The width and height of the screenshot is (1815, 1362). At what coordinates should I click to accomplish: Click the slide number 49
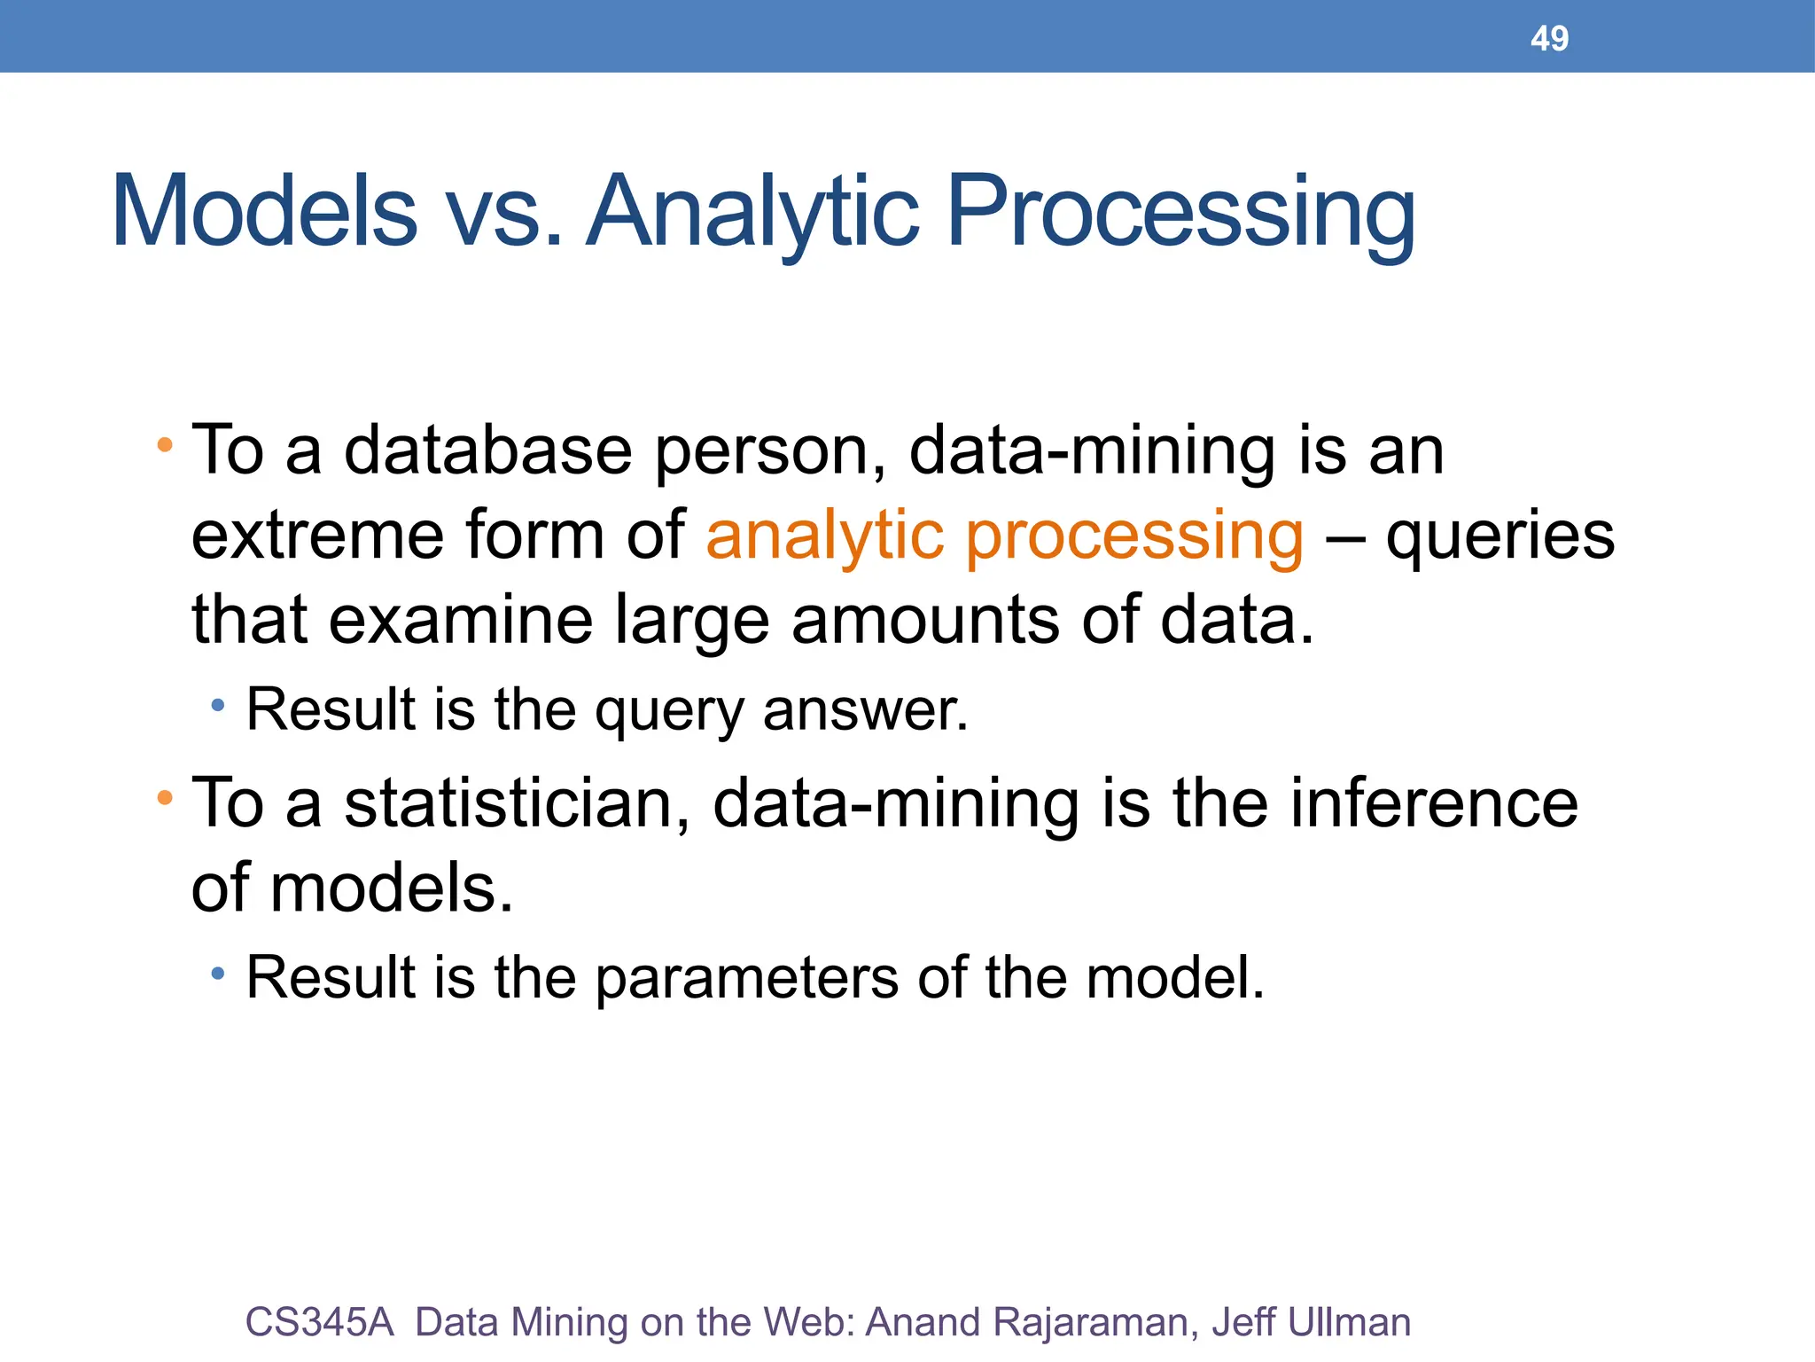click(x=1549, y=38)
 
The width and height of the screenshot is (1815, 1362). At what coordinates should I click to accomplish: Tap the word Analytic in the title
click(x=752, y=213)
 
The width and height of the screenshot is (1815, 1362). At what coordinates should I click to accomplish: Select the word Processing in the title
click(x=1180, y=213)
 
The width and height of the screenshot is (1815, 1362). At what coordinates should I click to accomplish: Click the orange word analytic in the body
click(x=825, y=537)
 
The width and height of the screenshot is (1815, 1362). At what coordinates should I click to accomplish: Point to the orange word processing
click(x=1134, y=537)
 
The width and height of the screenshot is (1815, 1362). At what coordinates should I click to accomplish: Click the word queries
click(x=1500, y=537)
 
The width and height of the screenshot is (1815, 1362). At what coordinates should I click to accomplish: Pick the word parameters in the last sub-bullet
click(x=746, y=977)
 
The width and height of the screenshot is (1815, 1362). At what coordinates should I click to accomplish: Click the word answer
click(x=866, y=710)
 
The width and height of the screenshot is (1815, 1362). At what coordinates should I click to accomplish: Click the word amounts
click(x=925, y=620)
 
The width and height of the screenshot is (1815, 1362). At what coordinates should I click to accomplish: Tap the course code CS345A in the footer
click(x=319, y=1322)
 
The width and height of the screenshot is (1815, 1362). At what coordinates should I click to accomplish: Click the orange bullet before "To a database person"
click(x=165, y=444)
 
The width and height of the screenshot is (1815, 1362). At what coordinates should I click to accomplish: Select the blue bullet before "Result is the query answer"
click(x=218, y=707)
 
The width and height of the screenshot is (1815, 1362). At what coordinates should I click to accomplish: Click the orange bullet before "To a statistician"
click(x=165, y=798)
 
